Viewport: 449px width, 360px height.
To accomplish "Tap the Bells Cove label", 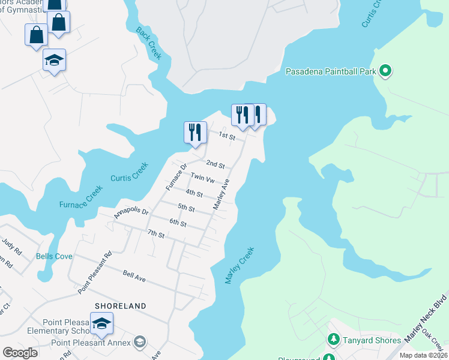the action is [54, 256].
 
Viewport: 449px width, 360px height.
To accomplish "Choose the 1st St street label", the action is [226, 137].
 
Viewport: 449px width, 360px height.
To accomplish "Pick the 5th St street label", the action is [186, 208].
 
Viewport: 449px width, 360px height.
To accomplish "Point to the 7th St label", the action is [156, 233].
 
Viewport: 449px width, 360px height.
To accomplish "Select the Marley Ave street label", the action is [221, 194].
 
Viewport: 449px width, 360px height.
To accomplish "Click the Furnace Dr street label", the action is [176, 178].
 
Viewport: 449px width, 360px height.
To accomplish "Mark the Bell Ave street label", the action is [134, 275].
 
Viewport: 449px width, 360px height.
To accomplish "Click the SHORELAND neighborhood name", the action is [120, 306].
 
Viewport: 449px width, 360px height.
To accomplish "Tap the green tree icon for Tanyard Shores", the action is [333, 340].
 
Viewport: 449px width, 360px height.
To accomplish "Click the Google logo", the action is [20, 353].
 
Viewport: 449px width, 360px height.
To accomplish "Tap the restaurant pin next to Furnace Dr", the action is [195, 131].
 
